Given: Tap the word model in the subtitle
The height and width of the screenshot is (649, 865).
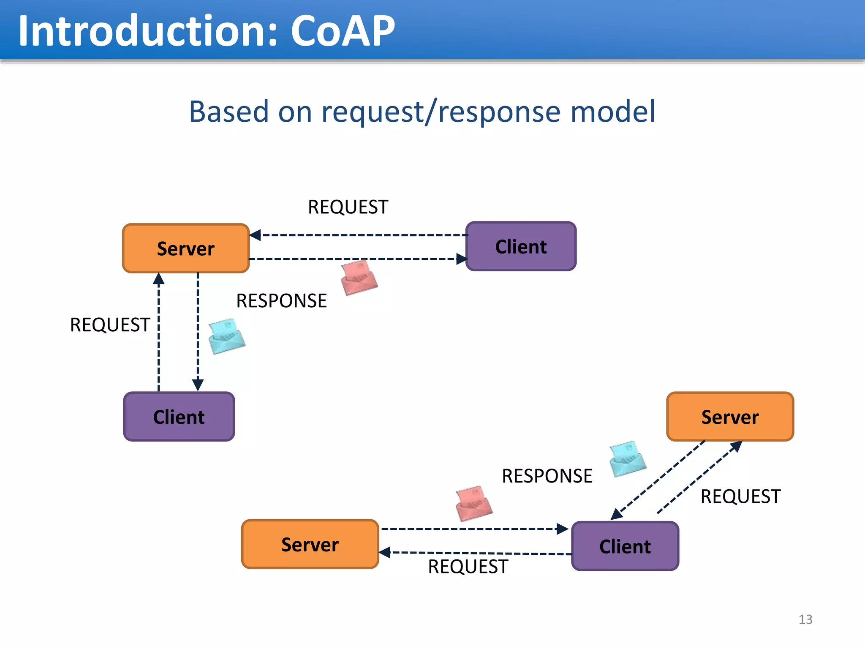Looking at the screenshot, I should click(613, 112).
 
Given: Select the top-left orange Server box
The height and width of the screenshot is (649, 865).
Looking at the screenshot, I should click(186, 248).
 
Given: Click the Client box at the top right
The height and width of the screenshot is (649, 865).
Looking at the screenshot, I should click(521, 246).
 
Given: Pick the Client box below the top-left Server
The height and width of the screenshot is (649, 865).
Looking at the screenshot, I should click(179, 417).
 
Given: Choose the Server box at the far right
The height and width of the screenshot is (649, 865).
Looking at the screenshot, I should click(730, 417).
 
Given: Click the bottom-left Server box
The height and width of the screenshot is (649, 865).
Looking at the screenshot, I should click(310, 545).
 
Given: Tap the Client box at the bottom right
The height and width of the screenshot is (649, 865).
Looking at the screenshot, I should click(625, 546).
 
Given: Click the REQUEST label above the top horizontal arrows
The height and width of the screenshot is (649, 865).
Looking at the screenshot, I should click(348, 207).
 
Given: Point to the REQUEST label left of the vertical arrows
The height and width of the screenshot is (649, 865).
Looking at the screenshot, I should click(110, 325).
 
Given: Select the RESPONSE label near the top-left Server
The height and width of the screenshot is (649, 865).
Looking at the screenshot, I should click(281, 301).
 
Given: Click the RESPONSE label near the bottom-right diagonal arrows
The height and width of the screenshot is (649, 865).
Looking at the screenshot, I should click(547, 476).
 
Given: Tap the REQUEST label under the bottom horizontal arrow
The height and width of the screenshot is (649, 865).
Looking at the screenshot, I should click(468, 567).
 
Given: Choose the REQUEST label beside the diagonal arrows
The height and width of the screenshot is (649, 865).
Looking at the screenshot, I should click(740, 496).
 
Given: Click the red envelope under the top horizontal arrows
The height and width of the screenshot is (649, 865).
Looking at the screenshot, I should click(359, 278).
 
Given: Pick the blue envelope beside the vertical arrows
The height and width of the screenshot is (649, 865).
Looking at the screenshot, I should click(227, 337).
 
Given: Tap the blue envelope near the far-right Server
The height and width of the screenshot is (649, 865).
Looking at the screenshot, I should click(628, 459).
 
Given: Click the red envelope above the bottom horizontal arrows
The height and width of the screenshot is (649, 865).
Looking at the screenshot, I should click(474, 504).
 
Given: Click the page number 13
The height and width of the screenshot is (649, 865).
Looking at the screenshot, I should click(805, 619).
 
